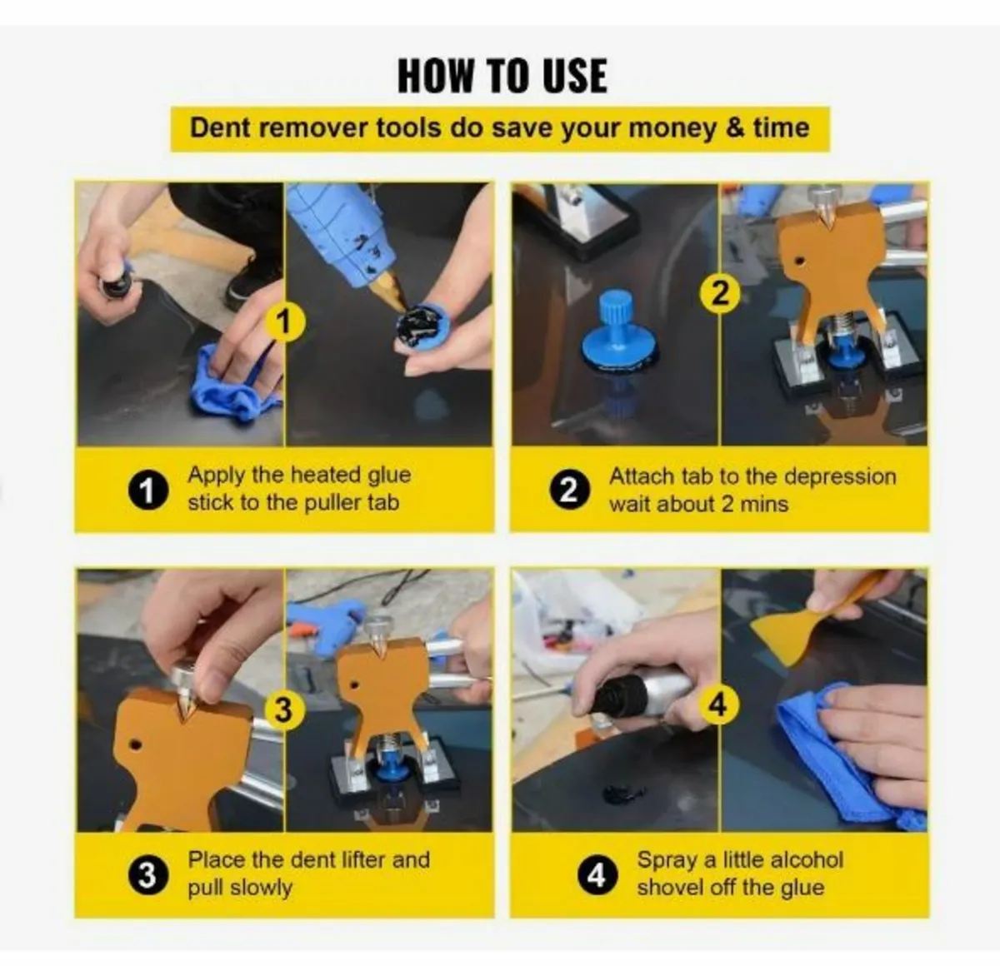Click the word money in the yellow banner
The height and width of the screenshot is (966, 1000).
[672, 128]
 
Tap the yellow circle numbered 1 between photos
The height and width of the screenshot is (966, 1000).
[285, 321]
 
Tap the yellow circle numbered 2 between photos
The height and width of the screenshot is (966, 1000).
[721, 293]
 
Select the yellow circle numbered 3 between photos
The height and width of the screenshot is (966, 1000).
[283, 710]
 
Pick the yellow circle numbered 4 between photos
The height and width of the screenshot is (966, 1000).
[717, 705]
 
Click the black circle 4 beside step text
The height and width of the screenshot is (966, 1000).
[597, 875]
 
